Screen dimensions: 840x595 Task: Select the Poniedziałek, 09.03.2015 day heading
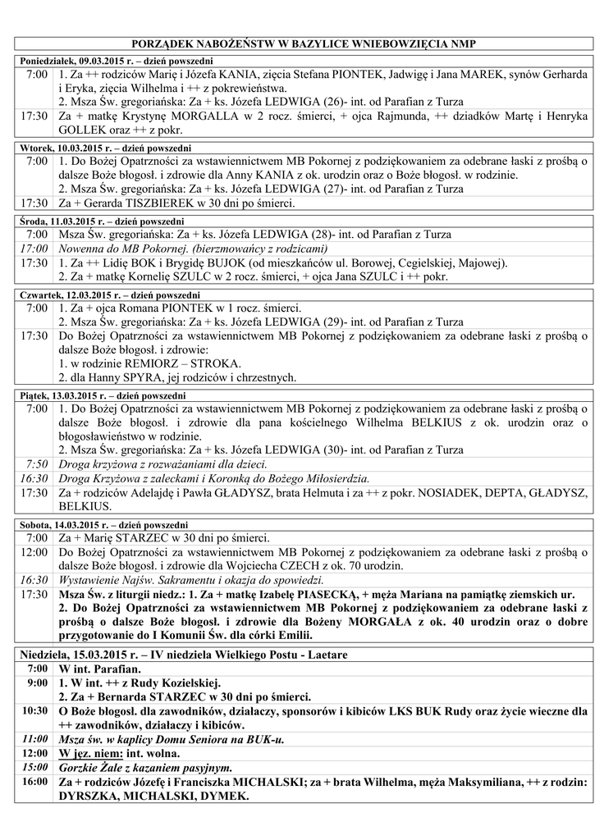pos(115,62)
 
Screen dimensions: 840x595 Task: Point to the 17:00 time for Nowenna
pos(34,249)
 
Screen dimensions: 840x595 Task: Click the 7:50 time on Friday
pos(36,463)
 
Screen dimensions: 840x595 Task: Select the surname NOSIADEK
pos(454,492)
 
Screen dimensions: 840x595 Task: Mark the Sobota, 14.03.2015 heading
pos(103,525)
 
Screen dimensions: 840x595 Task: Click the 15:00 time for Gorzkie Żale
pos(34,767)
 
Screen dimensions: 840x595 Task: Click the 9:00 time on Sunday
pos(36,682)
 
